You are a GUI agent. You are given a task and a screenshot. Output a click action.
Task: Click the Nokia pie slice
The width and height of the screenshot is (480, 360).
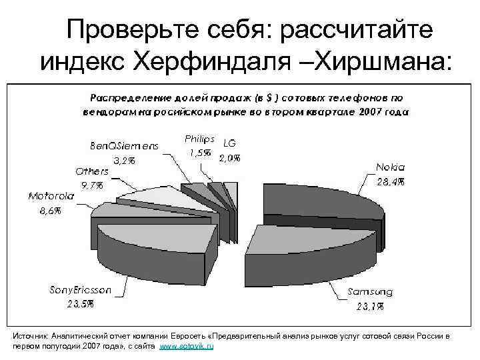[x=320, y=200]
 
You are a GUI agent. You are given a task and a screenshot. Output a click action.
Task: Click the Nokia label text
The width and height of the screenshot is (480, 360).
[x=389, y=167]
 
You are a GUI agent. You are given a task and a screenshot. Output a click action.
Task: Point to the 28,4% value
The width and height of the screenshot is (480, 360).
[x=390, y=181]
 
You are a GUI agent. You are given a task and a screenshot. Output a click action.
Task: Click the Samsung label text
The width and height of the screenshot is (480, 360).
[x=370, y=292]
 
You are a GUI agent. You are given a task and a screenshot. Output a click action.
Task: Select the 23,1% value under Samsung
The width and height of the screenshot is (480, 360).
[x=370, y=307]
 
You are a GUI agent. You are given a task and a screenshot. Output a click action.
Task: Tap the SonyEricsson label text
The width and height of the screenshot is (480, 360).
[x=81, y=290]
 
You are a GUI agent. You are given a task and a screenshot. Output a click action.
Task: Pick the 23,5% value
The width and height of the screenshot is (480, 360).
[x=80, y=305]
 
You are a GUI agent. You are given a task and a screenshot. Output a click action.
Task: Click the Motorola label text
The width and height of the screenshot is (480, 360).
[x=51, y=196]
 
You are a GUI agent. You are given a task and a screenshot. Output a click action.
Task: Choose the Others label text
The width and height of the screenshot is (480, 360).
[x=91, y=171]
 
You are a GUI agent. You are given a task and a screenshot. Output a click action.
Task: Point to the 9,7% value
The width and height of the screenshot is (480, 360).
[x=92, y=185]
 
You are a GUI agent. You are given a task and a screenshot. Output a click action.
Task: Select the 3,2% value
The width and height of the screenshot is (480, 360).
[x=125, y=161]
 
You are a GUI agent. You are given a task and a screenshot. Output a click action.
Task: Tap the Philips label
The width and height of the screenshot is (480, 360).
[x=199, y=139]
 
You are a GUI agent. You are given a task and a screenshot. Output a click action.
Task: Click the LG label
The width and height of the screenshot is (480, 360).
[x=229, y=143]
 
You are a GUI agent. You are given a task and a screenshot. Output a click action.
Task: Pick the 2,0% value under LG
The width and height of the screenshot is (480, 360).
[x=229, y=157]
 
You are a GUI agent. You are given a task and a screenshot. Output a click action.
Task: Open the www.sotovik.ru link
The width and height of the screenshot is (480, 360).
[x=189, y=348]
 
